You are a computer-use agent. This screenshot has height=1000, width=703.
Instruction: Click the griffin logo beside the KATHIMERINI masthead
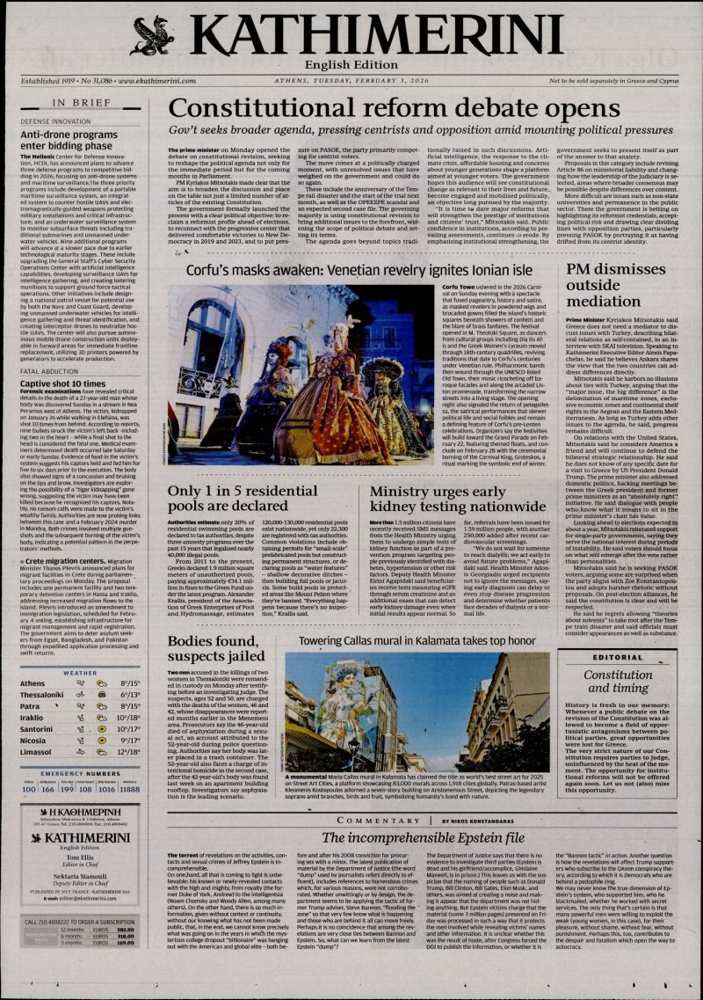tap(152, 35)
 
